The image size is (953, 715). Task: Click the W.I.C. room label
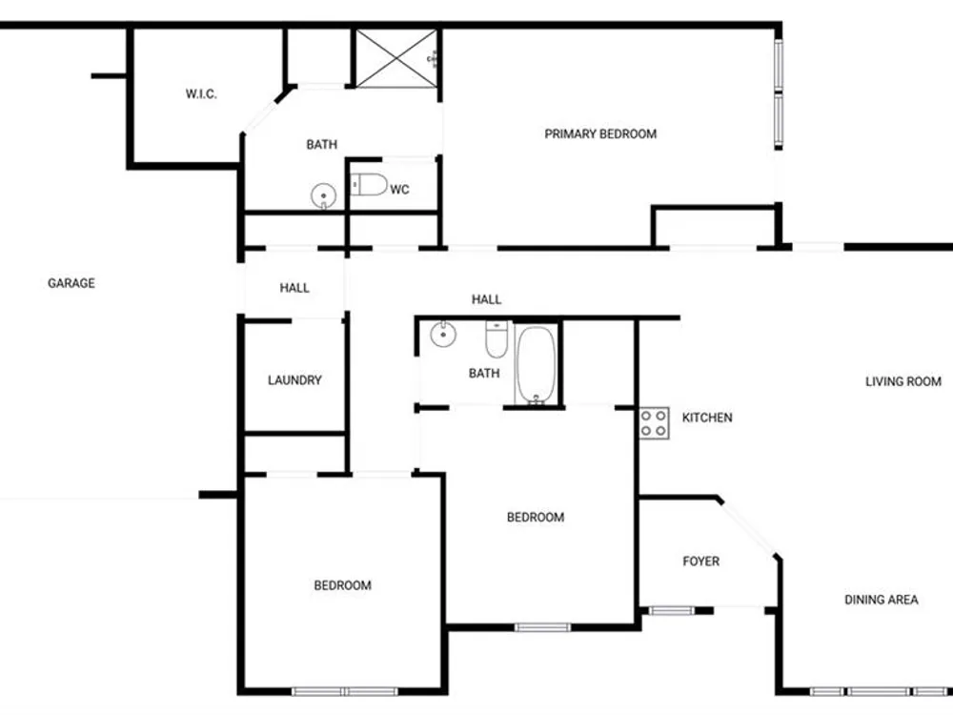201,94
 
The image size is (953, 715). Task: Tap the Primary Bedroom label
600,133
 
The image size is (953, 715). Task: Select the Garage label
71,283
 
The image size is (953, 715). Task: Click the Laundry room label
294,380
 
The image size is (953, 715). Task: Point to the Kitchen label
707,418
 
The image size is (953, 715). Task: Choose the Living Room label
903,382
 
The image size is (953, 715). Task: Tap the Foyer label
700,562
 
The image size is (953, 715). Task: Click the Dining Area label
882,600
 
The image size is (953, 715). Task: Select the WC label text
399,190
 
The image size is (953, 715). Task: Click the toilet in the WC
369,185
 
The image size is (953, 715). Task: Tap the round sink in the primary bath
323,195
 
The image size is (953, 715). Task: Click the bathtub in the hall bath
536,365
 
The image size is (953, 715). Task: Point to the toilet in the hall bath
496,339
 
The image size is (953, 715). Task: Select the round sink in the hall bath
443,334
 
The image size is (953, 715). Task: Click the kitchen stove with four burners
654,423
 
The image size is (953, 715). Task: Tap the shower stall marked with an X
395,58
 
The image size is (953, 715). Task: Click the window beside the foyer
672,610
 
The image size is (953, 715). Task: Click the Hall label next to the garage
294,288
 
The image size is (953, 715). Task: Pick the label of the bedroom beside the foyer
536,518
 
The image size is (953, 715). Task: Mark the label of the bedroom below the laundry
343,585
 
